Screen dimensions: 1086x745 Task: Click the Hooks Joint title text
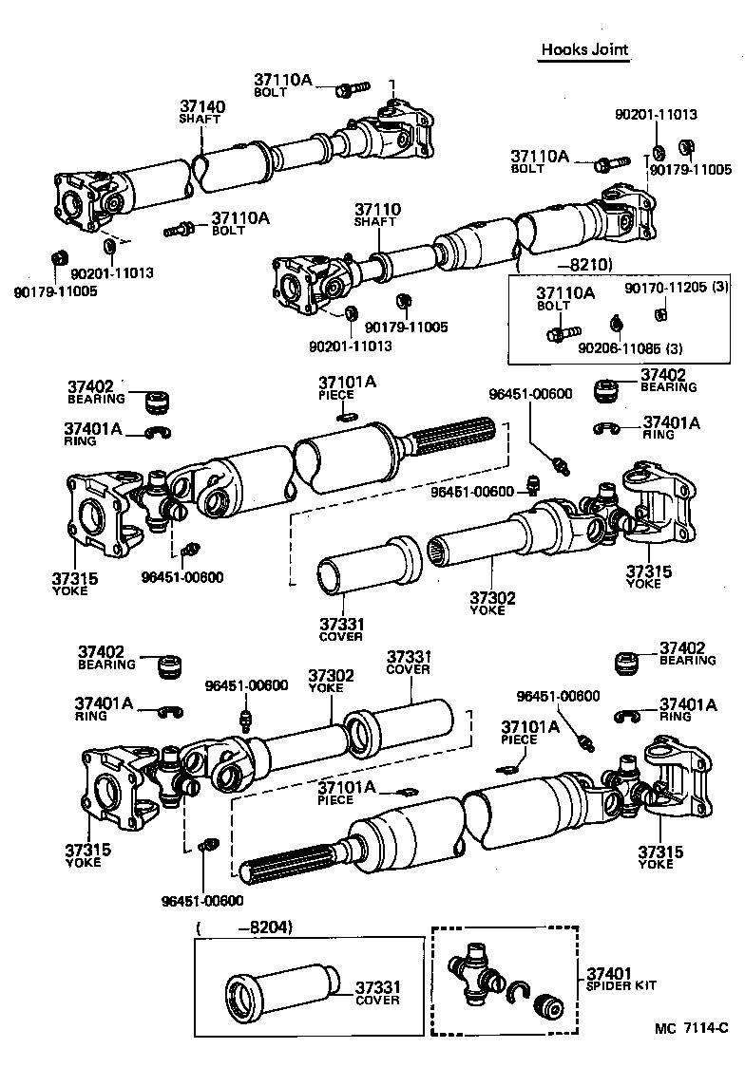point(584,49)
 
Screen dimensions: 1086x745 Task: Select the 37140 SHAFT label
point(201,112)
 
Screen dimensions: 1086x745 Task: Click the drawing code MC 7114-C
point(691,1028)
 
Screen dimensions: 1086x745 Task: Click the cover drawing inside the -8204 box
point(280,992)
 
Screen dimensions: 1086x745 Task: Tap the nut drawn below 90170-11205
point(665,312)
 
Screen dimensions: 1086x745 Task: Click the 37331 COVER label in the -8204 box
point(377,993)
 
